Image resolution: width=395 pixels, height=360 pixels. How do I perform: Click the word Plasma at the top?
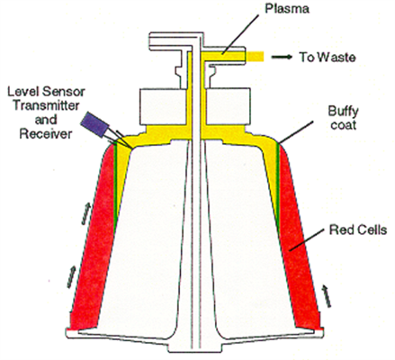coord(287,8)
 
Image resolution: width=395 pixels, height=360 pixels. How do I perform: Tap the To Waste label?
coord(328,57)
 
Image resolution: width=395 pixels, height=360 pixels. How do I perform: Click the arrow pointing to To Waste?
coord(282,57)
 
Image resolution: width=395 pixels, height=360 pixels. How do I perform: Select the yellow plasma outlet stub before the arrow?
coord(255,57)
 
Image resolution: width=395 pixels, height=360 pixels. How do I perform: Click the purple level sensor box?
coord(94,124)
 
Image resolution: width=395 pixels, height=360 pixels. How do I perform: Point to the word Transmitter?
coord(46,105)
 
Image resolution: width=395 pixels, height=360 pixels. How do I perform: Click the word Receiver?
coord(46,134)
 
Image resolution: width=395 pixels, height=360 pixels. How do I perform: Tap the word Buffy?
coord(343,112)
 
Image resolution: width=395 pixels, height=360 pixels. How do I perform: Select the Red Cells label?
coord(358,230)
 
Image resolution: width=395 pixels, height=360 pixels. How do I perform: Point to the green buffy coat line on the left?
coord(115,186)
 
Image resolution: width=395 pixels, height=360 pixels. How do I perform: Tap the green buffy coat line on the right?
coord(278,189)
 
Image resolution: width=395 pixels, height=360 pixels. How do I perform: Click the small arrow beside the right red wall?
coord(326,295)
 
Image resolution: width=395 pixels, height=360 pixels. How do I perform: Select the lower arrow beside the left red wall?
coord(71,276)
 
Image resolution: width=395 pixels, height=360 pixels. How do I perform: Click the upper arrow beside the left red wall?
coord(85,213)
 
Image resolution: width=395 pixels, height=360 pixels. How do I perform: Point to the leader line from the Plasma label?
coord(240,34)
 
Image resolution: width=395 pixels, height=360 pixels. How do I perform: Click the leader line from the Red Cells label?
coord(307,239)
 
